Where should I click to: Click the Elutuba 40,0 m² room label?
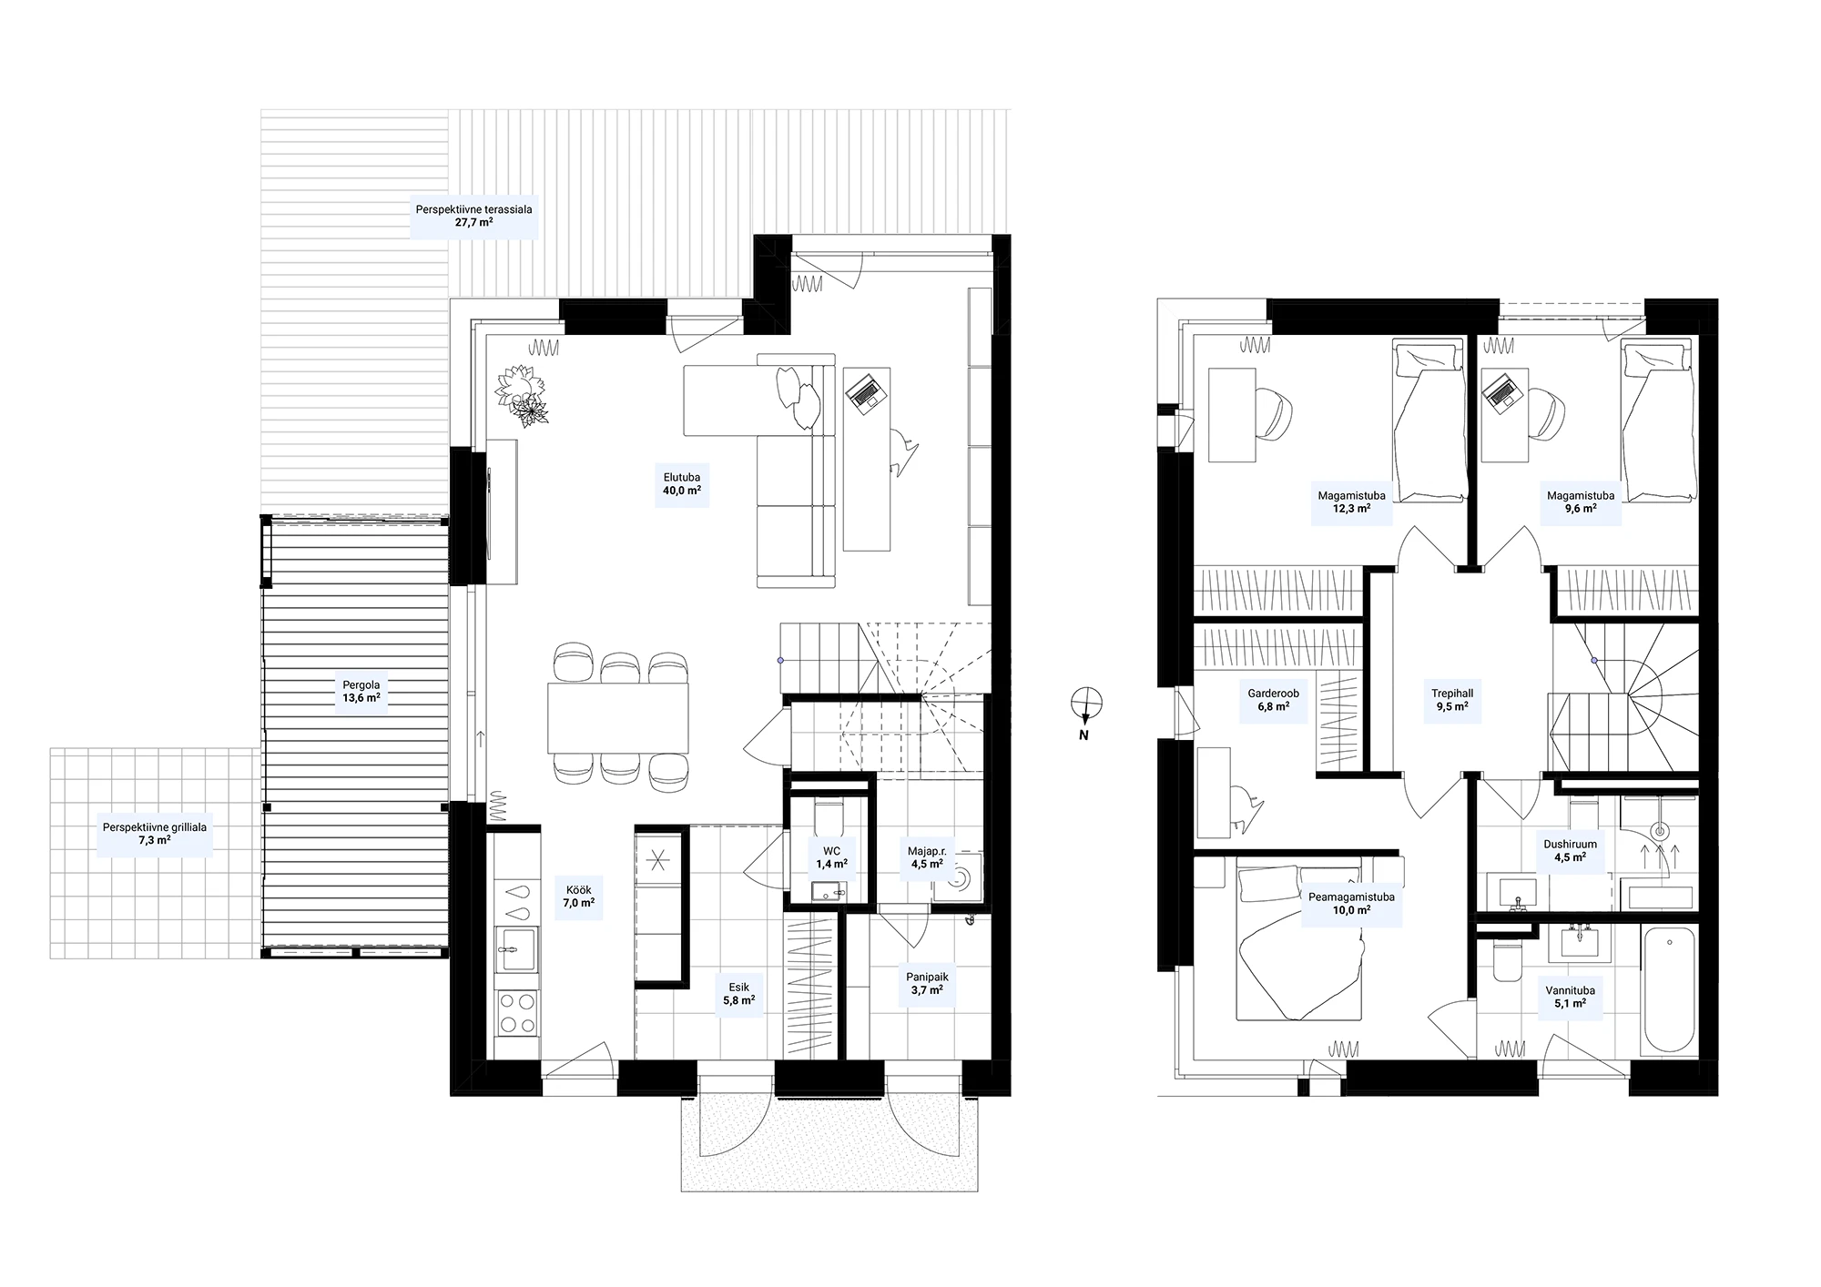681,483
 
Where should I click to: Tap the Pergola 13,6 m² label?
361,692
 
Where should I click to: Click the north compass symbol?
1086,704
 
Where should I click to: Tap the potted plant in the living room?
522,395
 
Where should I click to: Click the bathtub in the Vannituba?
1669,989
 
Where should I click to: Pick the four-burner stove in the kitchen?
516,1013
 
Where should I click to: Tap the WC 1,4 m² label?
831,857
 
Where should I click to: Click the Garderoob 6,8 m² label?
1273,700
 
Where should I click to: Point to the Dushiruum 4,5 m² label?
1570,850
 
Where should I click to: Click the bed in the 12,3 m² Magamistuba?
1428,421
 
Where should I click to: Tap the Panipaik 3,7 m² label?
926,983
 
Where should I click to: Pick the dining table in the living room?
617,718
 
